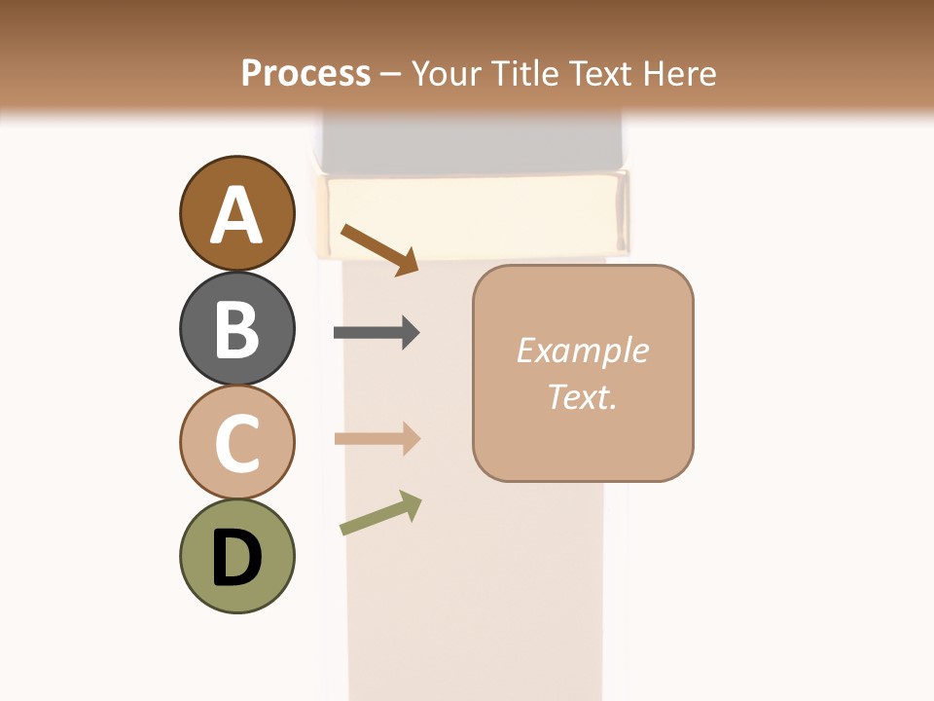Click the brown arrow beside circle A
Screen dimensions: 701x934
(x=379, y=249)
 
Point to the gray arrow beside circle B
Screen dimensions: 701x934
(x=377, y=333)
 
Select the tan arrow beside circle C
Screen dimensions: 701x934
(x=377, y=439)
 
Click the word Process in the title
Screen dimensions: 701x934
(x=305, y=73)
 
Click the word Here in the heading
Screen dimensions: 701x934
(x=678, y=73)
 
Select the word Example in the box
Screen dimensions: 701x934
(x=582, y=350)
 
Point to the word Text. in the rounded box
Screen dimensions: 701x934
(x=582, y=396)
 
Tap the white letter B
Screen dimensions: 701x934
(x=236, y=329)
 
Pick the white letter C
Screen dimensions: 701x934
(x=236, y=444)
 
